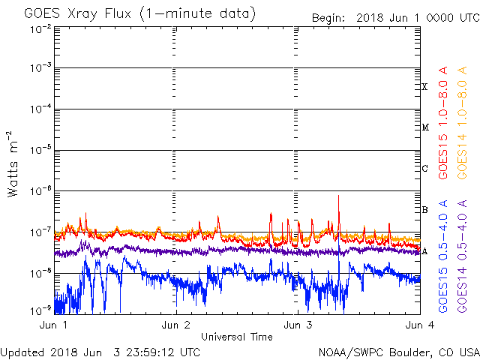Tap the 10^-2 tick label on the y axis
pyautogui.click(x=41, y=29)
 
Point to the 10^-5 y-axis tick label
pyautogui.click(x=41, y=149)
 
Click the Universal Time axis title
pyautogui.click(x=236, y=337)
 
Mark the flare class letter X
pyautogui.click(x=424, y=87)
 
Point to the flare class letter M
pyautogui.click(x=424, y=127)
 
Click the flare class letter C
pyautogui.click(x=424, y=168)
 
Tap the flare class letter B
pyautogui.click(x=424, y=209)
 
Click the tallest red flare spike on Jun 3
pyautogui.click(x=339, y=197)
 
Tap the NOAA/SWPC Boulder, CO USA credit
pyautogui.click(x=398, y=352)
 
